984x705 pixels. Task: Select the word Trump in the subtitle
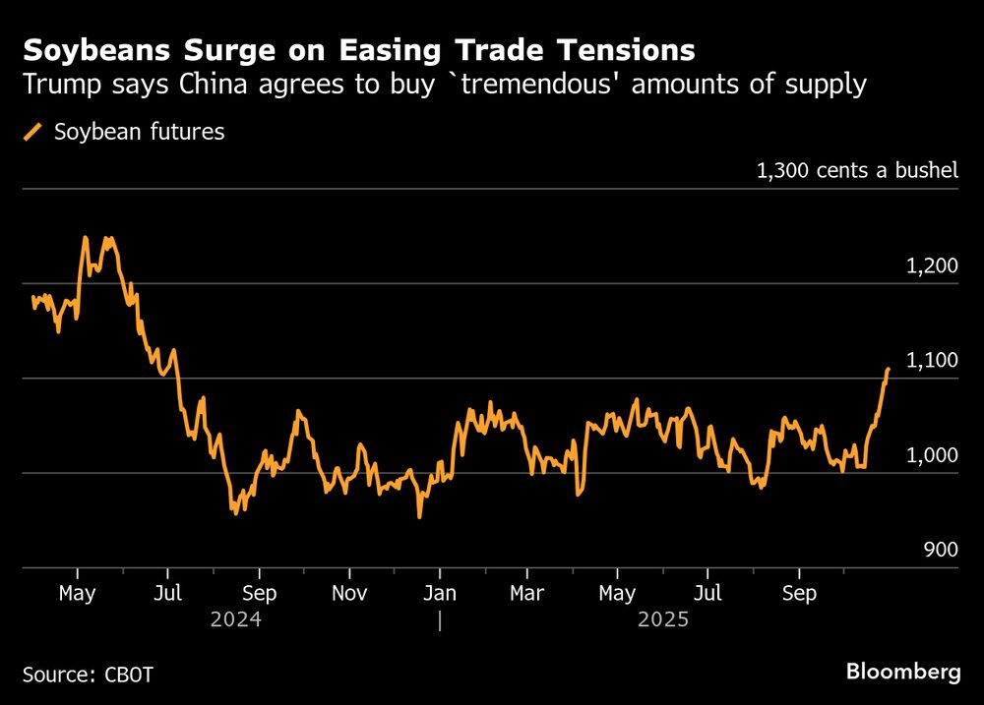pos(54,85)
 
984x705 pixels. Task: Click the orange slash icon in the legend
pos(32,132)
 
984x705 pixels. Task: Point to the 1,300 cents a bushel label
pos(856,171)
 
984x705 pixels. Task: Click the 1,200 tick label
pos(930,265)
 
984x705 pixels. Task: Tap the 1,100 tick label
pos(930,361)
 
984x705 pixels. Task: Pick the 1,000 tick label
pos(930,456)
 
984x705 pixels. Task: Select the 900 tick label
pos(941,551)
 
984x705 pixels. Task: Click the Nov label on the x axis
pos(349,593)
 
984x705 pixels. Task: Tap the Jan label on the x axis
pos(439,593)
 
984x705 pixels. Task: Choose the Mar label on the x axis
pos(527,593)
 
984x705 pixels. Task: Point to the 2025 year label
pos(662,620)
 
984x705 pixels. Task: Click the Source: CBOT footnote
pos(88,675)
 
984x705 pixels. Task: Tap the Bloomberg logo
pos(903,673)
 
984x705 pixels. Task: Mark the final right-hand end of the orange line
pos(888,370)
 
